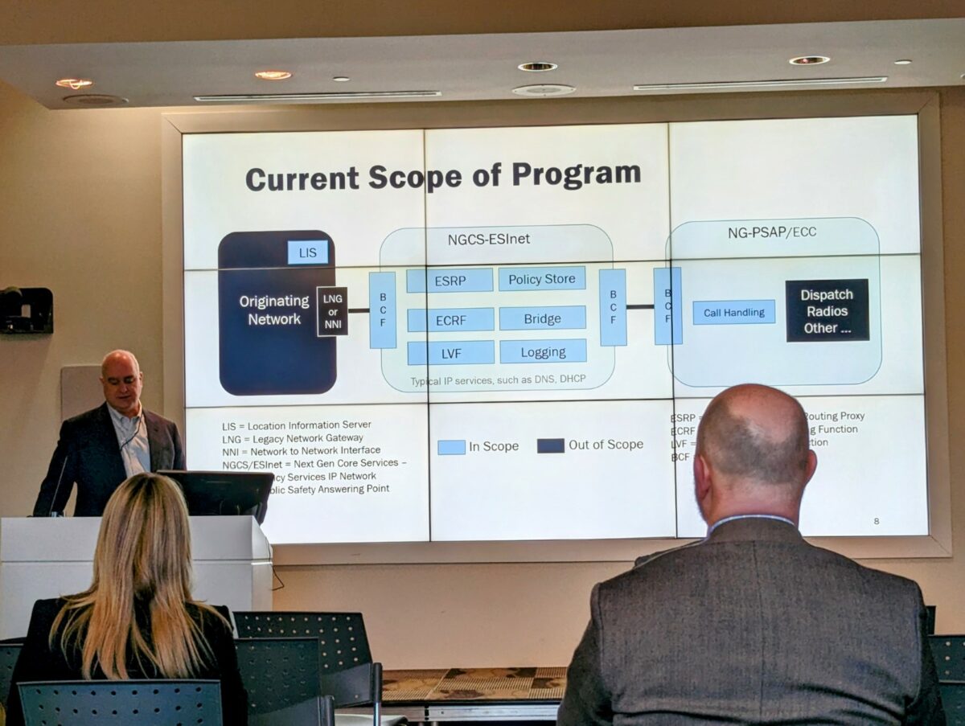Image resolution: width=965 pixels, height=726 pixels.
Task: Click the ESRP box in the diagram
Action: pos(450,281)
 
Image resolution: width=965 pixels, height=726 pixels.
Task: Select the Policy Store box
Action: pos(542,279)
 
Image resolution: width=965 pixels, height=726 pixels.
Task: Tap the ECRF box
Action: pos(450,319)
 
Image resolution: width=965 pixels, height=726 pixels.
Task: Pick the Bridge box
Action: pos(542,318)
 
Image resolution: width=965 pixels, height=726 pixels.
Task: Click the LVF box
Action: pos(450,353)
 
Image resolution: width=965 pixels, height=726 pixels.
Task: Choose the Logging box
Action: pos(543,351)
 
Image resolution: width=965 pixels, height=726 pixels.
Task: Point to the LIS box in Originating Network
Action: pos(308,252)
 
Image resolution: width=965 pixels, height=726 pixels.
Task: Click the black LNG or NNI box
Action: pos(332,311)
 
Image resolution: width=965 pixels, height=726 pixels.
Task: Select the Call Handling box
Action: pos(733,312)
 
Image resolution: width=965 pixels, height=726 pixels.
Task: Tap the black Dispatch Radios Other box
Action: pos(827,310)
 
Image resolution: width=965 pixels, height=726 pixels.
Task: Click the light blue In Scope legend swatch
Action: pos(451,447)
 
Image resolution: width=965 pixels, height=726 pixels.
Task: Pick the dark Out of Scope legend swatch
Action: pos(551,445)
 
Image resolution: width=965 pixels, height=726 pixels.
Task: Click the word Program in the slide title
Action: pos(577,174)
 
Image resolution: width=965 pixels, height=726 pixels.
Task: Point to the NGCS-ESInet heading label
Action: pos(488,240)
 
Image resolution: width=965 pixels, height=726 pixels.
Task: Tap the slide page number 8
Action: pos(876,521)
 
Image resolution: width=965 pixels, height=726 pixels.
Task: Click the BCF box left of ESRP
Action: pos(382,310)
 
